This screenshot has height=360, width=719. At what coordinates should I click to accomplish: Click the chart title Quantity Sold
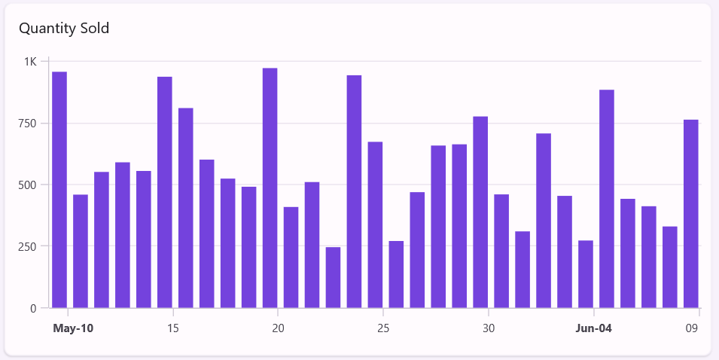point(64,29)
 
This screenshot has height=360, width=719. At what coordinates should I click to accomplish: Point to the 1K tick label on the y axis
point(30,61)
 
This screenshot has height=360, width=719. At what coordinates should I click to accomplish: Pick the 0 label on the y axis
point(33,308)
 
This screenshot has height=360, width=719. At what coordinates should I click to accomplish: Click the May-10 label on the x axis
point(74,328)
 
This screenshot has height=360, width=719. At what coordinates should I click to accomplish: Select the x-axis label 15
point(173,328)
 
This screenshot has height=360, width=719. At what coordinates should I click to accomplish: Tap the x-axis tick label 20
point(279,328)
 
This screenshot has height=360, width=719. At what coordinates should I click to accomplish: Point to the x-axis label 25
point(384,328)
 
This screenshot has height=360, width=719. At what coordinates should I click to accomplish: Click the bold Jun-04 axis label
point(594,328)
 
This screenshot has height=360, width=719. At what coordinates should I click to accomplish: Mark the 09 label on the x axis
point(692,328)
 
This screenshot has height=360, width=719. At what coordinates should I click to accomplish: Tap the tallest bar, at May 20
point(270,188)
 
